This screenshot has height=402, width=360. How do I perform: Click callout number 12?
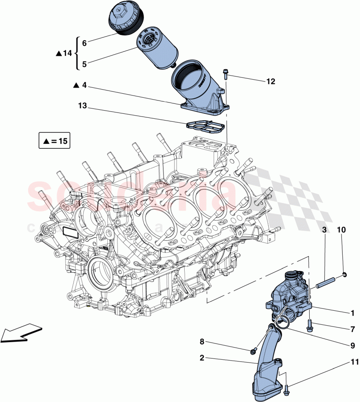pos(270,82)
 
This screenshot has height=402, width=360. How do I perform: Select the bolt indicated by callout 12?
pos(226,74)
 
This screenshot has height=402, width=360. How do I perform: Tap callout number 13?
pos(82,106)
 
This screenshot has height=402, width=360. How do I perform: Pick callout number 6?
pos(84,43)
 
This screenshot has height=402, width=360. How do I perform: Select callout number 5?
pos(84,64)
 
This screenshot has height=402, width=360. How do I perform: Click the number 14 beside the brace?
pos(67,53)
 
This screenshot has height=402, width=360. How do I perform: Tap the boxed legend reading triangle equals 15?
pos(54,141)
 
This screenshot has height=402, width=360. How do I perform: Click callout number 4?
pos(84,85)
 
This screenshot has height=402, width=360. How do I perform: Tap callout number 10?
pos(341,230)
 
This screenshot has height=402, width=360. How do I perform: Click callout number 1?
pos(352,313)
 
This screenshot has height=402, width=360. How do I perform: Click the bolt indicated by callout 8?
pos(253,352)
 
